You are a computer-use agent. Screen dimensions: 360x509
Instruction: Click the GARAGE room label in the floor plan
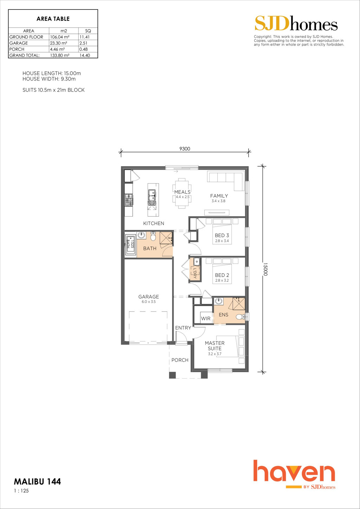tap(149, 297)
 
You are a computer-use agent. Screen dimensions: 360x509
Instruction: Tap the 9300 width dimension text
tap(185, 149)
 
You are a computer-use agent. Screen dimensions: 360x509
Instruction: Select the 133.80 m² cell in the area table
tap(59, 55)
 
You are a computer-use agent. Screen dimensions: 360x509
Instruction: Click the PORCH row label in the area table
tap(17, 49)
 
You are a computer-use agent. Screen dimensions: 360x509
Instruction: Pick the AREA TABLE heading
tap(53, 19)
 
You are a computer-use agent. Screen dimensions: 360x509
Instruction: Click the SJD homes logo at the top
tap(296, 23)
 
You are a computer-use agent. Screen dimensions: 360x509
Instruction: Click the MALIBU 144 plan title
tap(38, 482)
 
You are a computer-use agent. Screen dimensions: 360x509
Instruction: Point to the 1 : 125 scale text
tap(21, 491)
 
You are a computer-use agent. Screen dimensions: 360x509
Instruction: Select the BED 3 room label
tap(222, 236)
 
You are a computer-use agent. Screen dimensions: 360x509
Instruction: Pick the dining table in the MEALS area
tap(182, 193)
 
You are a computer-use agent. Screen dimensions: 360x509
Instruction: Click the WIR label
tap(206, 318)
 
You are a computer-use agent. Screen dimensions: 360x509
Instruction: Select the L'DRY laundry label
tap(195, 273)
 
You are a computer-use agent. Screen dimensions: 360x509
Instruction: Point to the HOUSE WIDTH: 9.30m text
tap(49, 79)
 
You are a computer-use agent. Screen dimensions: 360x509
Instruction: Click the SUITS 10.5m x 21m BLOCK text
tap(53, 90)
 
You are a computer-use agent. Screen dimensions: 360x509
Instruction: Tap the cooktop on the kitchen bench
tap(129, 200)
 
